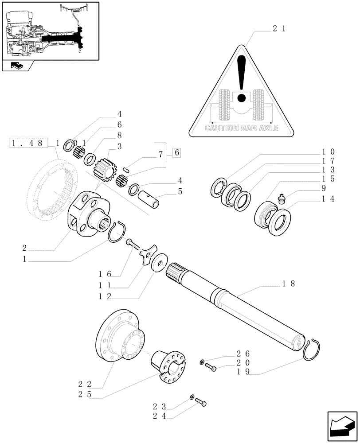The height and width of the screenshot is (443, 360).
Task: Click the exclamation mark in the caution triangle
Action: tap(241, 78)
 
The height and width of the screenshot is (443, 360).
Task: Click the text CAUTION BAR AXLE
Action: tap(241, 128)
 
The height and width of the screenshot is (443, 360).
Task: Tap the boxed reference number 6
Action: tap(176, 153)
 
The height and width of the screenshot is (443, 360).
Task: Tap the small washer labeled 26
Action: tap(202, 362)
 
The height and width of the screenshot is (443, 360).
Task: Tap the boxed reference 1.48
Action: tap(27, 143)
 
